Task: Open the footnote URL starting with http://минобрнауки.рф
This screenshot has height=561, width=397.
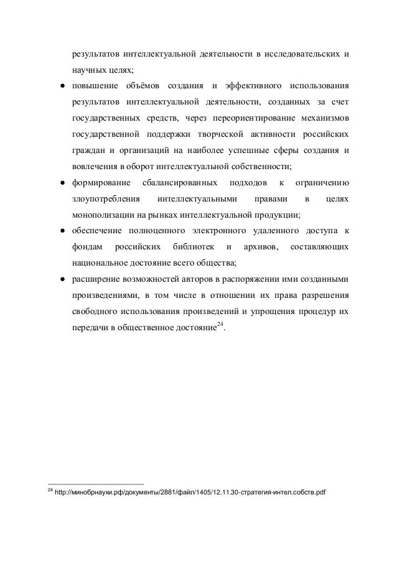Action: (x=190, y=493)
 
